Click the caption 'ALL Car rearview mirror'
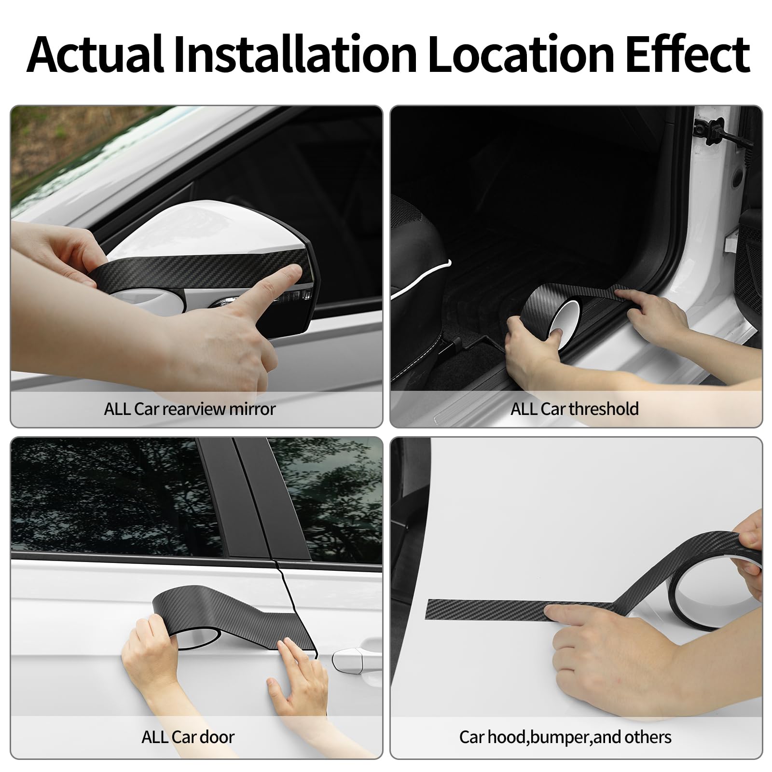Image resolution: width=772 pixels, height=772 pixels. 190,409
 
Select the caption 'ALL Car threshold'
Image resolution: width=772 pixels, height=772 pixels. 575,409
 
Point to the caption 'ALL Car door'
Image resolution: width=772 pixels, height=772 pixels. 188,737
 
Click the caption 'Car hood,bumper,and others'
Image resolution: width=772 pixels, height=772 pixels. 565,737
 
